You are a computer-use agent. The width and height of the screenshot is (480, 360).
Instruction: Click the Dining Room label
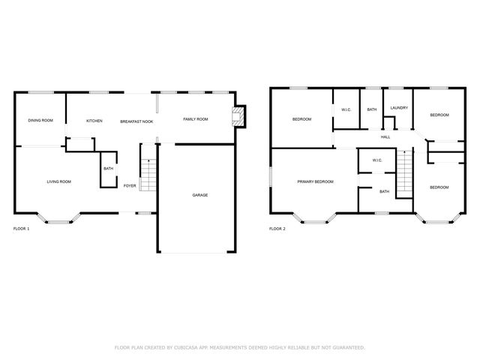click(40, 121)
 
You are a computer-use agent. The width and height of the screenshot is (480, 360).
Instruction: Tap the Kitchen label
click(94, 121)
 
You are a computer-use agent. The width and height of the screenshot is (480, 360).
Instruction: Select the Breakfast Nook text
click(136, 121)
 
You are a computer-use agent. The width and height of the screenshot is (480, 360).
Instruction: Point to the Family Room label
click(196, 119)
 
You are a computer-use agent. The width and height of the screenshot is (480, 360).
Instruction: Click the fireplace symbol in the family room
click(239, 116)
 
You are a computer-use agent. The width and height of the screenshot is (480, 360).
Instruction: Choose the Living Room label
click(58, 181)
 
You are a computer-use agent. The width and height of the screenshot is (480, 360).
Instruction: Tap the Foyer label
click(130, 185)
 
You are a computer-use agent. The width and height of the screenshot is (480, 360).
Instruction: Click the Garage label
click(200, 195)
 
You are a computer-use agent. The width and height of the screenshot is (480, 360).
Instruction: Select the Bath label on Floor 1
click(108, 169)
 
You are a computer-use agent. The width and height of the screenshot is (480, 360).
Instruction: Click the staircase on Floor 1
click(147, 175)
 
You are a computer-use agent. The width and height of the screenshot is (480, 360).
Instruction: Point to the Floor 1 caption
click(22, 228)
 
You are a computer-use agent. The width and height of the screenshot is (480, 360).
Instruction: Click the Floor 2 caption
click(277, 228)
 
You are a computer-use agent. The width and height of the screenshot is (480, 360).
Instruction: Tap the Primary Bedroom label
click(315, 181)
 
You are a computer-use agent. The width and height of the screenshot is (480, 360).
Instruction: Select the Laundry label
click(398, 108)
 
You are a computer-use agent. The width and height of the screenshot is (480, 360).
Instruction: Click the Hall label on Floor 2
click(385, 136)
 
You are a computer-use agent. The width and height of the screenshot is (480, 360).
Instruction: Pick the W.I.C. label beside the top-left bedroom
click(346, 110)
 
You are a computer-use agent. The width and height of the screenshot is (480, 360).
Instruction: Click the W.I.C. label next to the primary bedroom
click(376, 160)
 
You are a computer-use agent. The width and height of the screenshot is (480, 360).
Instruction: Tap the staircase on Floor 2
click(405, 174)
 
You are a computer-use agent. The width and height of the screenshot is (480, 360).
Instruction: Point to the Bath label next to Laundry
click(372, 110)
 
